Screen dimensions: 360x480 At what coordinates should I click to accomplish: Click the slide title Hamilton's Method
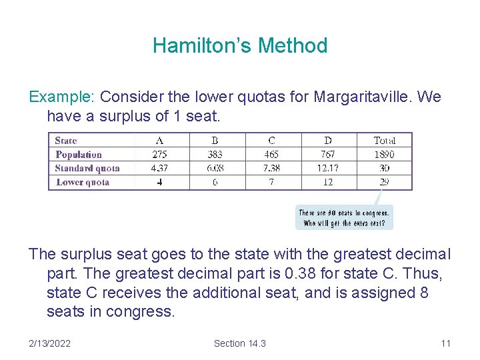click(240, 45)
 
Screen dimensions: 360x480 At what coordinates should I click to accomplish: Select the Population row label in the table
click(79, 154)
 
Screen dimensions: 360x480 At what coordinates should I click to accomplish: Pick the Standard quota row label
click(87, 168)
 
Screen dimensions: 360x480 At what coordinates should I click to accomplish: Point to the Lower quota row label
click(83, 182)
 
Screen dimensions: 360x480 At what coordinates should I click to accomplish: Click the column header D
click(328, 140)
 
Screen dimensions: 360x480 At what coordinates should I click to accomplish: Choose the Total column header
click(384, 140)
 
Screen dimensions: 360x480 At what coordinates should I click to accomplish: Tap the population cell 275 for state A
click(160, 154)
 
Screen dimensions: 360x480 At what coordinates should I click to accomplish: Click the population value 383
click(215, 154)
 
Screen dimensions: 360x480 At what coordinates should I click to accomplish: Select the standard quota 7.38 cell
click(271, 168)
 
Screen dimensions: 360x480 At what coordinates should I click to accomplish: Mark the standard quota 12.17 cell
click(328, 168)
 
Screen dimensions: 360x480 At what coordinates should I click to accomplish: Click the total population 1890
click(384, 154)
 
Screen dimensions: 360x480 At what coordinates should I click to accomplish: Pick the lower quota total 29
click(384, 182)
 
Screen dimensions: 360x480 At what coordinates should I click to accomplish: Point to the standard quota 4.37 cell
click(160, 168)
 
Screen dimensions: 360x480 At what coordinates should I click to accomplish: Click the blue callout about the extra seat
click(344, 218)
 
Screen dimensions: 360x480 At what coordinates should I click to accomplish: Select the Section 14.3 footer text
click(240, 343)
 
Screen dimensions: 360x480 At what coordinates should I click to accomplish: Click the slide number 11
click(446, 343)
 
